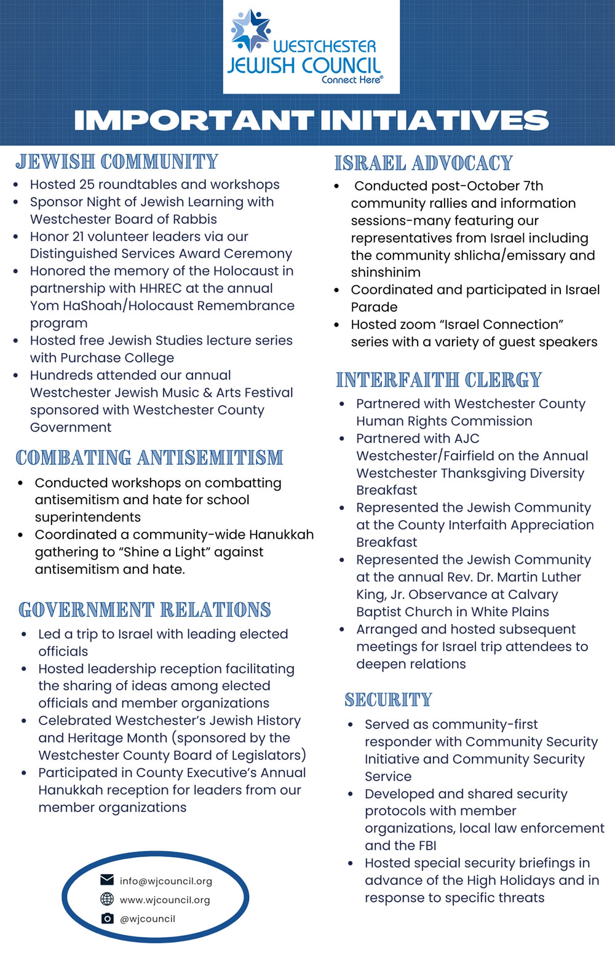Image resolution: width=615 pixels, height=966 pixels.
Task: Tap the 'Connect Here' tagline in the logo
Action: point(352,80)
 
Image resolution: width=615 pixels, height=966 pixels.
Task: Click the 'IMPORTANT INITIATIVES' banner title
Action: point(311,121)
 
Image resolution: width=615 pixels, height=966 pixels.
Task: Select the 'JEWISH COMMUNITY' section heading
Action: point(117,162)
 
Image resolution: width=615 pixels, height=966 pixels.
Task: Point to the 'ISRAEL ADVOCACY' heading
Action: point(424,164)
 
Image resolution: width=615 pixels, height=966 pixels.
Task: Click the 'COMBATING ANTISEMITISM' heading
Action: point(149,458)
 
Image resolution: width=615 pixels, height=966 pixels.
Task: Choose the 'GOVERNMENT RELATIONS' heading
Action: point(145,610)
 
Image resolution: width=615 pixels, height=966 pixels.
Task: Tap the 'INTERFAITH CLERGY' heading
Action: point(438,380)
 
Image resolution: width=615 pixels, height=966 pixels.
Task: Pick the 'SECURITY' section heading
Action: point(388,700)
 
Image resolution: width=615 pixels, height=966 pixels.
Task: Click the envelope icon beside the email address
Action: point(107,880)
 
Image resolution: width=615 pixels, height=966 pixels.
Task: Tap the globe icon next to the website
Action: point(107,899)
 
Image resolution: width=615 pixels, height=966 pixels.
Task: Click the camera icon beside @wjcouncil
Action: point(107,918)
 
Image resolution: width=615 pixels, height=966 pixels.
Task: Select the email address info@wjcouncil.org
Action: point(166,881)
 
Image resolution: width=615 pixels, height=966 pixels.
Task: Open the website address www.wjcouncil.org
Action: point(165,900)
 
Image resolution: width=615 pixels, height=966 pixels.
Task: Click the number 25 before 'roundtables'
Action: point(86,184)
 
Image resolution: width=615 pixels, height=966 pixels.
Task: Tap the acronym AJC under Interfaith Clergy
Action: point(466,438)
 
